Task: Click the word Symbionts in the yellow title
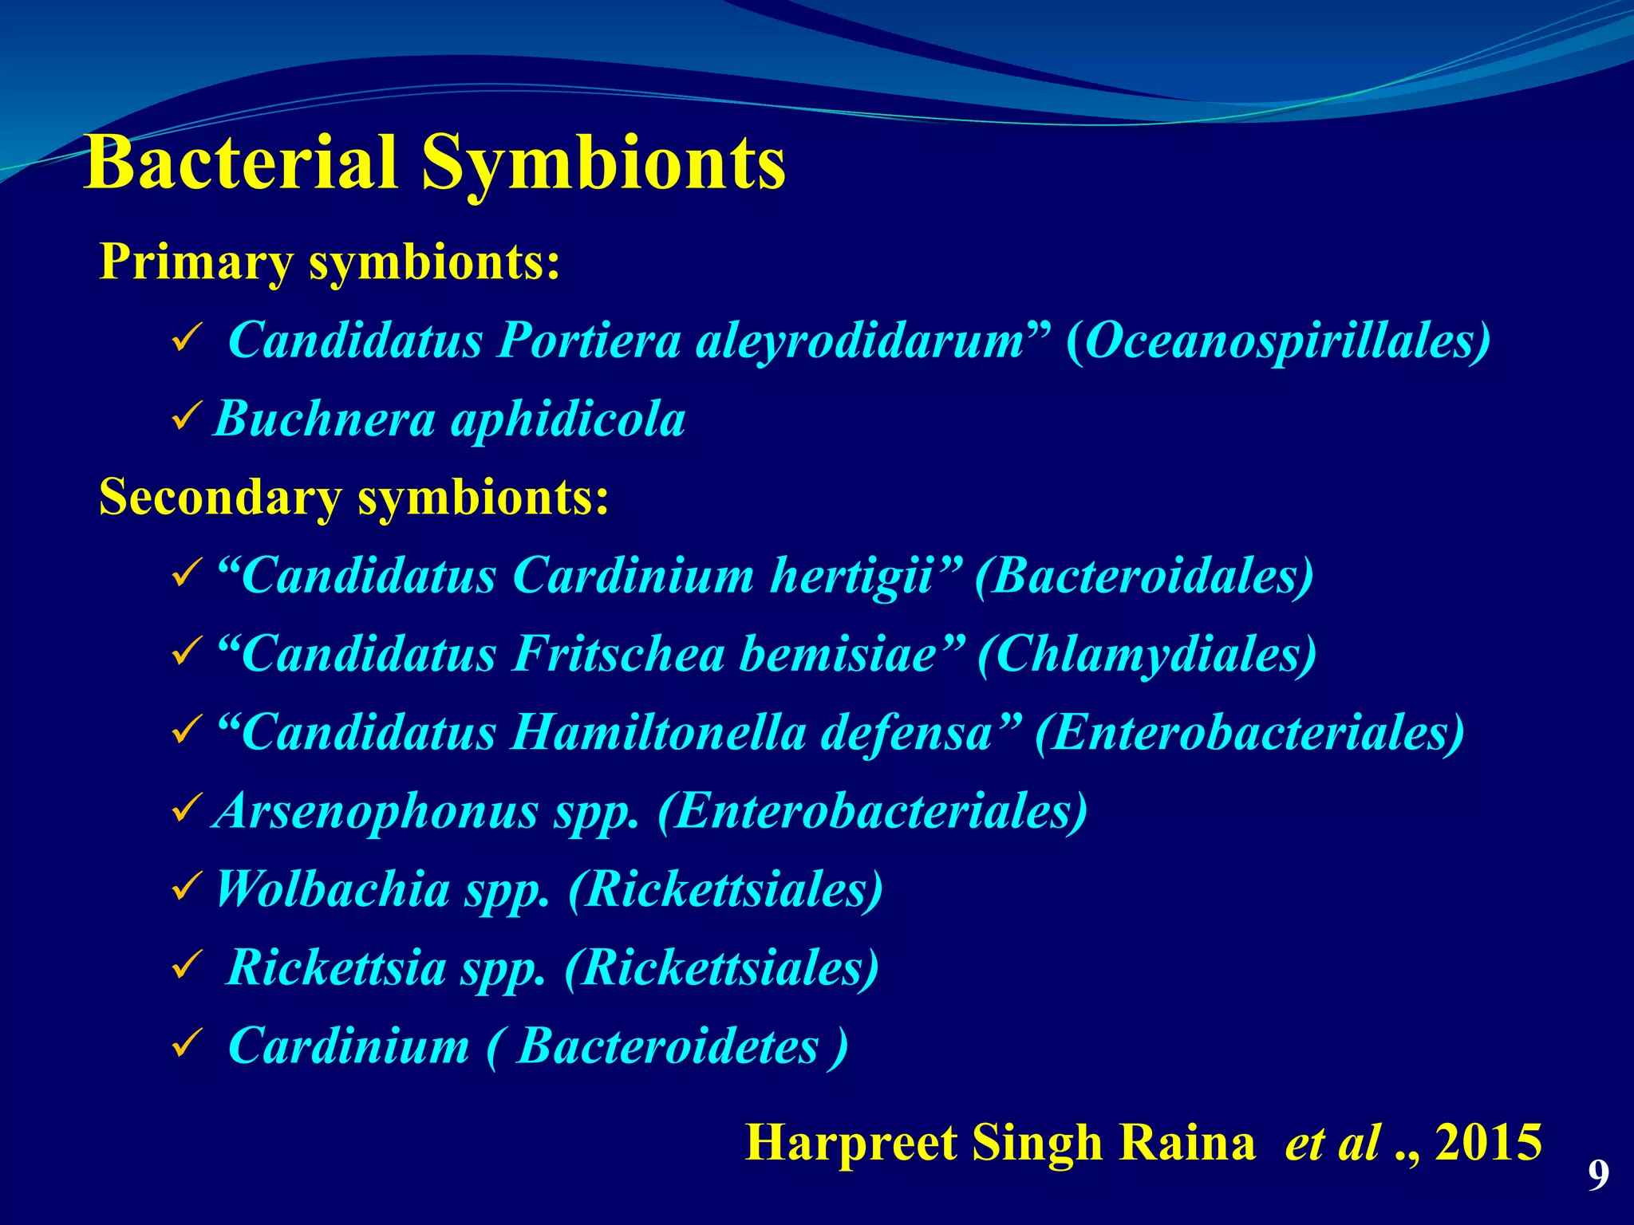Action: click(x=603, y=164)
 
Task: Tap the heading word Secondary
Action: click(x=219, y=497)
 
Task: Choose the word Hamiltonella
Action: click(x=658, y=732)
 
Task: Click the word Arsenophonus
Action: click(x=376, y=811)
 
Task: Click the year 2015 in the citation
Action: click(x=1488, y=1144)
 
